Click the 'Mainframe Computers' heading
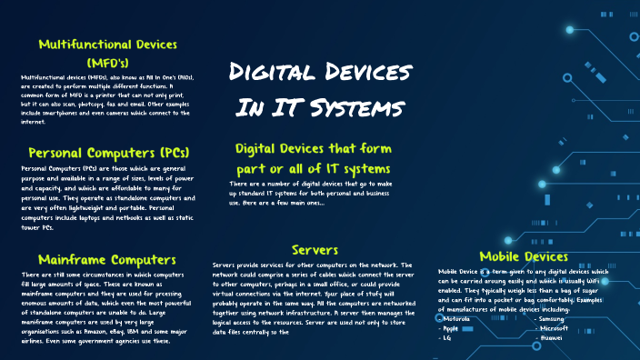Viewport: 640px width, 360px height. pyautogui.click(x=102, y=259)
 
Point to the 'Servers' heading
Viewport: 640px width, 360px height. pyautogui.click(x=315, y=249)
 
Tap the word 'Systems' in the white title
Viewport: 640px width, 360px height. pyautogui.click(x=360, y=108)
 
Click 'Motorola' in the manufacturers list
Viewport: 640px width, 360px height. pyautogui.click(x=455, y=318)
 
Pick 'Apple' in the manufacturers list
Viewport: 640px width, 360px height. pyautogui.click(x=451, y=327)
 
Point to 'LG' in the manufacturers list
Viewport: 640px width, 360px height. pyautogui.click(x=446, y=336)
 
